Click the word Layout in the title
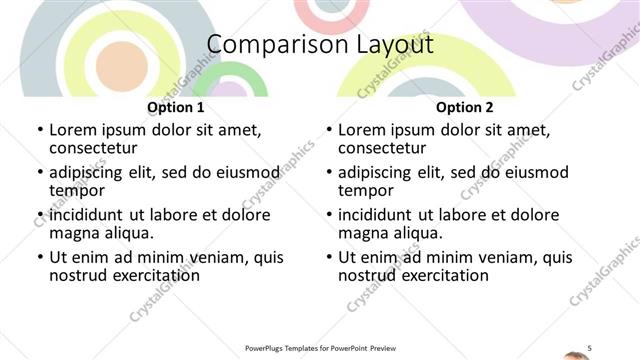coord(390,45)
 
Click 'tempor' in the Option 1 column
coord(77,191)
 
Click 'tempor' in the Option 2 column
coord(366,191)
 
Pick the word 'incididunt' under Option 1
coord(86,215)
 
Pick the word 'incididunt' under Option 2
coord(375,215)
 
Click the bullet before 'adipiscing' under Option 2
coord(329,172)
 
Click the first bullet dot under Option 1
coord(40,130)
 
